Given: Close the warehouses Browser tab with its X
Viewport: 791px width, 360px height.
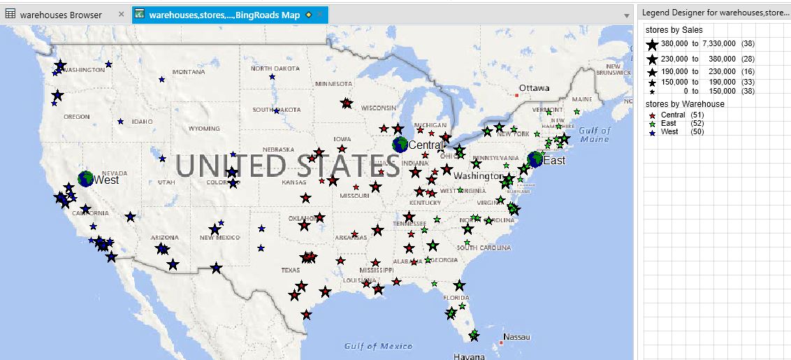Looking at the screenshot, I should point(122,15).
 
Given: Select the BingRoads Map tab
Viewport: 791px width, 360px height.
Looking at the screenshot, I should point(224,15).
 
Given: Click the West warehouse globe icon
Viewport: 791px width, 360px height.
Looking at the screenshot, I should point(86,179).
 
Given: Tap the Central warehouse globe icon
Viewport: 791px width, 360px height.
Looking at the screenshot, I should point(400,145).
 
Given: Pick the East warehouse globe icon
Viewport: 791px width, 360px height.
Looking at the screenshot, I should point(535,159).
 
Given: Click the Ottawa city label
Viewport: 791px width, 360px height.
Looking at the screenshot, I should point(534,88).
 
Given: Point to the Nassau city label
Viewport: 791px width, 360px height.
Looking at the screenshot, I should point(517,337).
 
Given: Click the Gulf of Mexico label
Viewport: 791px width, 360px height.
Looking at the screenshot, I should point(378,346).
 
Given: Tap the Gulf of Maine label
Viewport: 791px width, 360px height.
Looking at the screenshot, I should point(595,134).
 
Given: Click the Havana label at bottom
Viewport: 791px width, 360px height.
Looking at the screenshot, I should point(469,356).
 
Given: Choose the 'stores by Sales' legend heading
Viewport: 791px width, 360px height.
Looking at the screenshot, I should point(674,30).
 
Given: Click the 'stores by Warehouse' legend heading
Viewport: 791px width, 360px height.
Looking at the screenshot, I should point(684,104).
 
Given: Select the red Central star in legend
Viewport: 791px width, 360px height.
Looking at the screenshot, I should point(653,115).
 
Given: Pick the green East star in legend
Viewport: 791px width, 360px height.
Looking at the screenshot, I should point(653,123).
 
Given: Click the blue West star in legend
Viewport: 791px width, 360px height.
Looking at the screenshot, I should point(653,131).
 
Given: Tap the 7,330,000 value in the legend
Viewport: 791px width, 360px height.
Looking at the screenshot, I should point(720,44).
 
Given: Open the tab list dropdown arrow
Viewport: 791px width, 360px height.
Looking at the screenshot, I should point(626,15).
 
